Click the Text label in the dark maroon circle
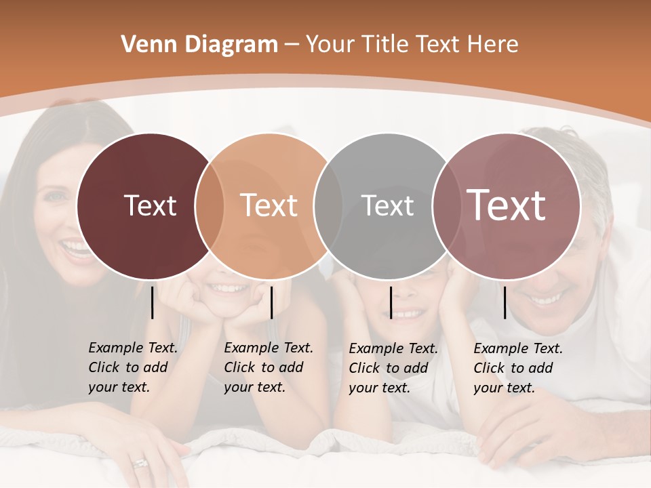pos(150,205)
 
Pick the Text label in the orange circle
pos(269,205)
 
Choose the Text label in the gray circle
pos(387,205)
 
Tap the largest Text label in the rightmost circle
pos(507,205)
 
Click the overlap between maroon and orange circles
pos(210,205)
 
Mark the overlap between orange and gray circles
pos(328,205)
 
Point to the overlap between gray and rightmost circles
pos(446,205)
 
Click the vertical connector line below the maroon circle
pos(153,302)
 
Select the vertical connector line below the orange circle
pos(271,302)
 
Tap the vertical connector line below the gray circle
pos(391,302)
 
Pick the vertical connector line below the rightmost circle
pos(505,302)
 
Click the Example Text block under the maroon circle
pos(132,367)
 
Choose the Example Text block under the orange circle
pos(268,367)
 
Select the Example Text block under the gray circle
pos(393,368)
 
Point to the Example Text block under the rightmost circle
pos(517,368)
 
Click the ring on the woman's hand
pos(140,464)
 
